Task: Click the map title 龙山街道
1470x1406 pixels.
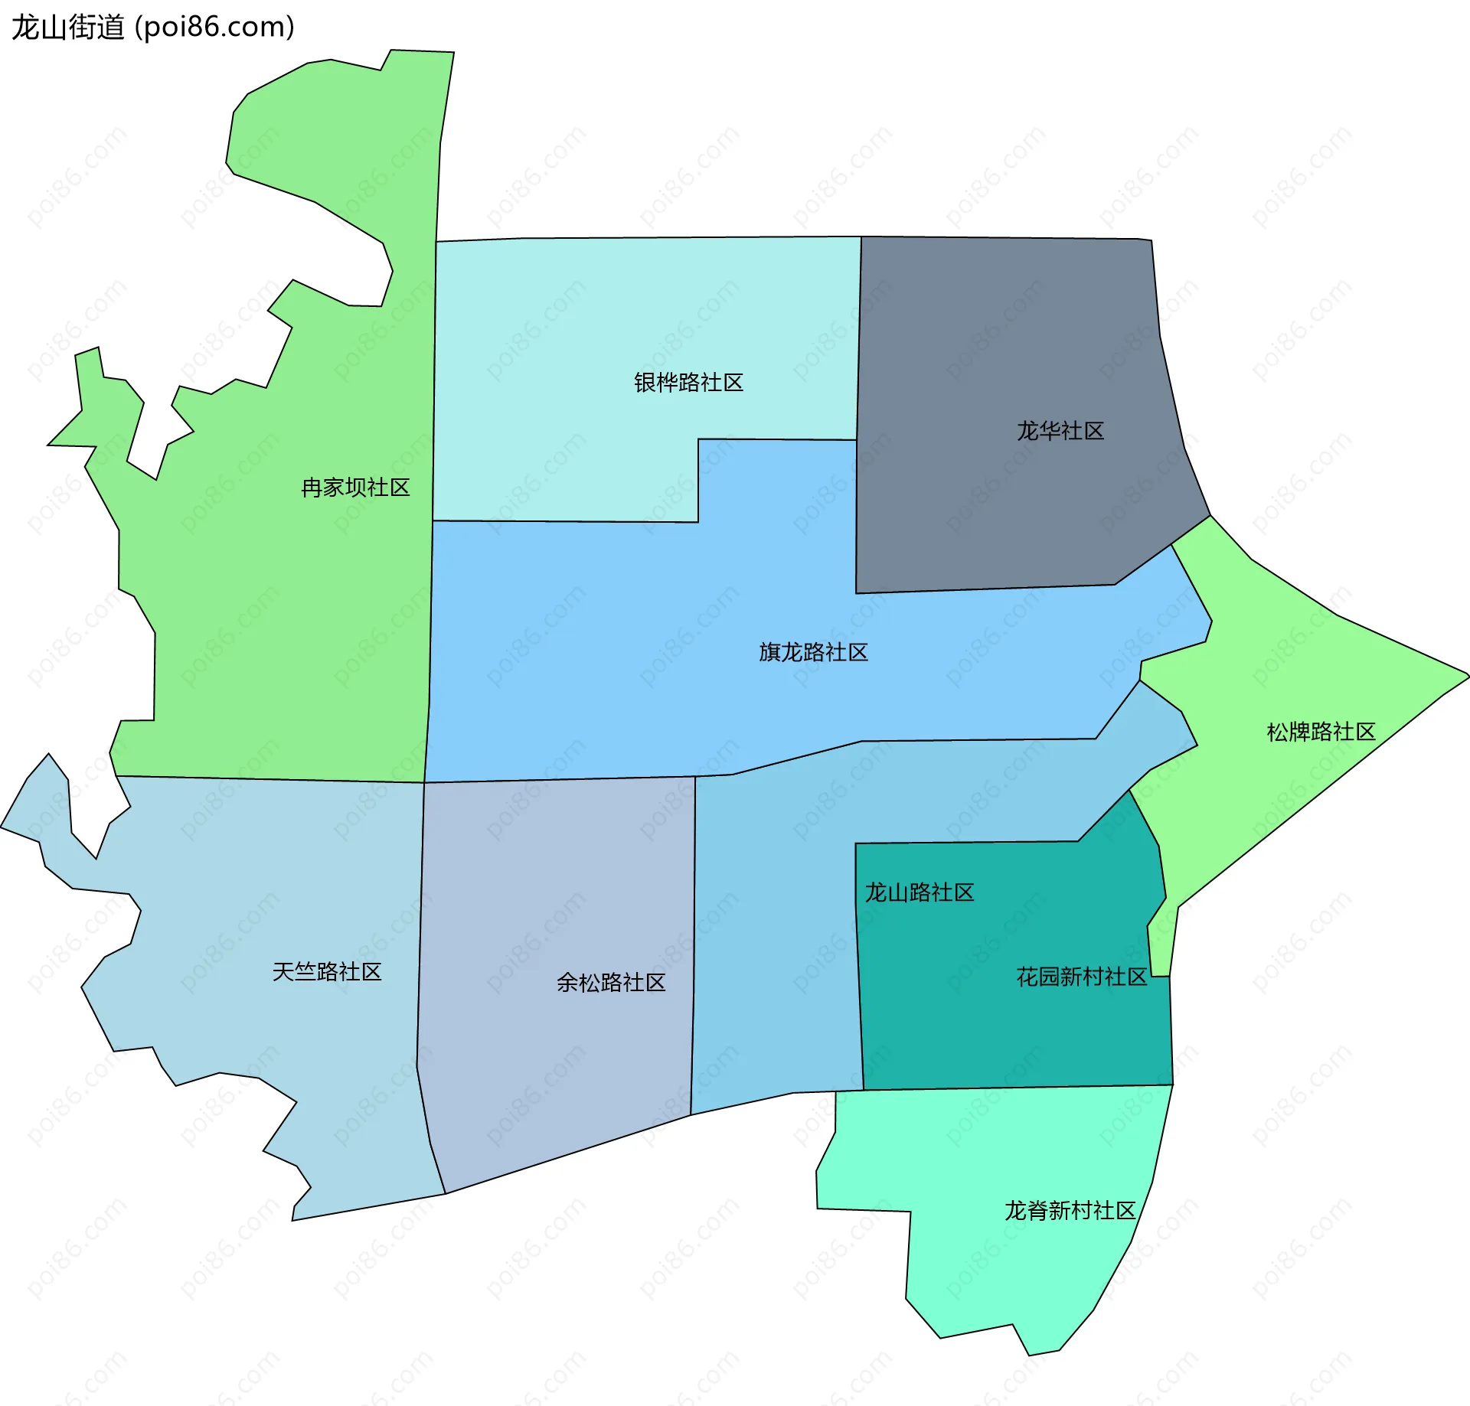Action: pyautogui.click(x=67, y=28)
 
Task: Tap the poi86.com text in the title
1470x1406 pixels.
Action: pyautogui.click(x=214, y=28)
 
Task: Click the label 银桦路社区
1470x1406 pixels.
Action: pyautogui.click(x=688, y=383)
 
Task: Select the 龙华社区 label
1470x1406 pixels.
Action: pyautogui.click(x=1060, y=431)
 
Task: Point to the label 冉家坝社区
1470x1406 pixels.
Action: pyautogui.click(x=355, y=488)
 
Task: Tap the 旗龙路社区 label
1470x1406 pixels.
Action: pyautogui.click(x=813, y=652)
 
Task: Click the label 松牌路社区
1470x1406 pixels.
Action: pyautogui.click(x=1321, y=732)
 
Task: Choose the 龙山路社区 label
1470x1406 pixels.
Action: pyautogui.click(x=919, y=892)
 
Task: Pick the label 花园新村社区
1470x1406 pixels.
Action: pyautogui.click(x=1081, y=977)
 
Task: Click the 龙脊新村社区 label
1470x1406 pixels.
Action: pyautogui.click(x=1070, y=1210)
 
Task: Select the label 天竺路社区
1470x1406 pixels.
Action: pyautogui.click(x=327, y=972)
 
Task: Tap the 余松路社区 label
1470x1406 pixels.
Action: pyautogui.click(x=611, y=983)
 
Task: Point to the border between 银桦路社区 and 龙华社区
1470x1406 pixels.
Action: pyautogui.click(x=859, y=337)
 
